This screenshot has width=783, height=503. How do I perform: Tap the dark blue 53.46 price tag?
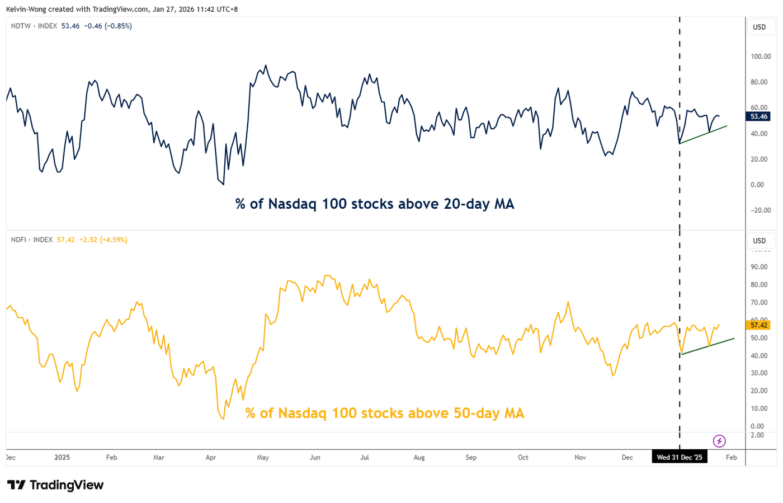click(758, 116)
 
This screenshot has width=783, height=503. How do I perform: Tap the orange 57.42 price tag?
click(758, 325)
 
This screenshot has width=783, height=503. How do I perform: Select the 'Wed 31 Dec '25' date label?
click(679, 457)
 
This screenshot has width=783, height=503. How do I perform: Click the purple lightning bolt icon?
click(719, 441)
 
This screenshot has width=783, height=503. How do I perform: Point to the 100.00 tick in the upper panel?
click(761, 57)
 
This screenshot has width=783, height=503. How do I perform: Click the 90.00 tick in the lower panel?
click(759, 267)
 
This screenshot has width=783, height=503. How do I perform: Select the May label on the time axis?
click(263, 457)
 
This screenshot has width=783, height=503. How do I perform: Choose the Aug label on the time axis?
click(419, 457)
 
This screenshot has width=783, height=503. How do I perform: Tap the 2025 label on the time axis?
click(62, 457)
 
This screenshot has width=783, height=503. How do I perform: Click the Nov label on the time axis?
click(580, 457)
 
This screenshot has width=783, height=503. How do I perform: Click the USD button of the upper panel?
click(759, 27)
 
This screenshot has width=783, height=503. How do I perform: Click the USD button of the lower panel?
click(759, 241)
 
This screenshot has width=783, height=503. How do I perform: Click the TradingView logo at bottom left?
click(55, 485)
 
